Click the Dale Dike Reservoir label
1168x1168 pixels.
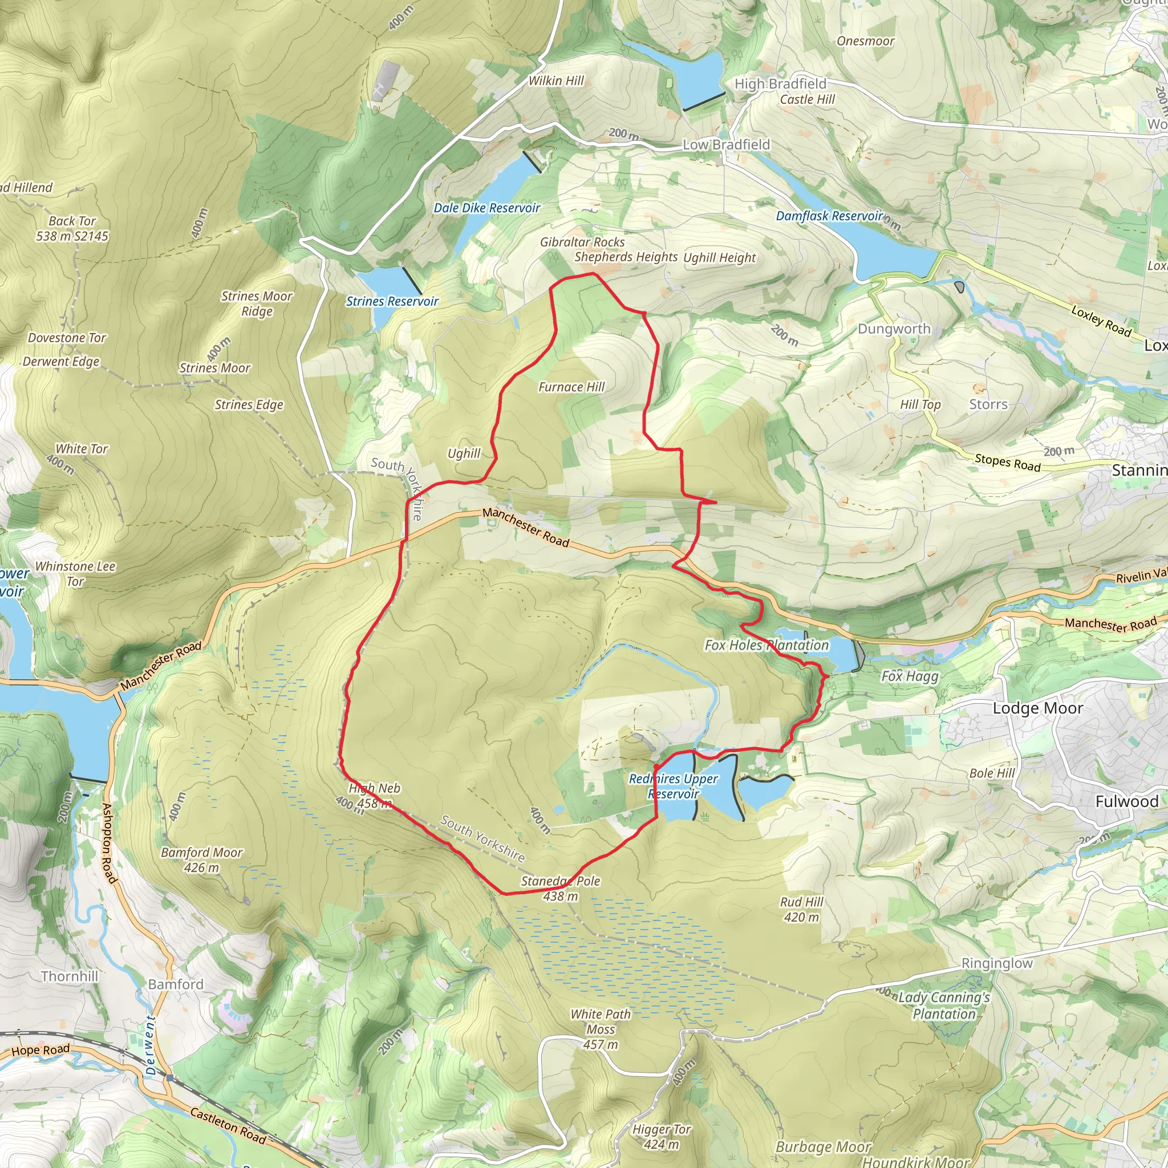(x=486, y=208)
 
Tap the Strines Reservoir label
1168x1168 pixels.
(x=392, y=301)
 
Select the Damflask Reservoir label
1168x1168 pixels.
(x=829, y=216)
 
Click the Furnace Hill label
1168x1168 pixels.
(x=571, y=387)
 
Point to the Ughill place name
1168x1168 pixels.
(x=464, y=453)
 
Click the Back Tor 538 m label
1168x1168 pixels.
(x=72, y=229)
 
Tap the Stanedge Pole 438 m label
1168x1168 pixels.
(x=561, y=888)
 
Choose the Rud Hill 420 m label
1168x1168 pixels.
(x=801, y=909)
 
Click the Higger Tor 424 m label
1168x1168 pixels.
(x=662, y=1137)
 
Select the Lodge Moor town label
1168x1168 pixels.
(x=1037, y=708)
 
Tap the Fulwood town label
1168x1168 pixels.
(x=1126, y=801)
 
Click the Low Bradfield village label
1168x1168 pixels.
(x=726, y=144)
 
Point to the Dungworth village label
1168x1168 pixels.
(x=894, y=329)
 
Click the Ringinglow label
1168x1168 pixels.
(x=997, y=963)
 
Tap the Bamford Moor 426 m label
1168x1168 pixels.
(x=201, y=859)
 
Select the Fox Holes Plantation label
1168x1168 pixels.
(x=766, y=645)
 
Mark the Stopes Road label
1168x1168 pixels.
(x=1007, y=462)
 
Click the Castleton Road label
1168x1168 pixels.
(x=228, y=1125)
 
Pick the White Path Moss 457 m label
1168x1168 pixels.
(x=601, y=1029)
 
